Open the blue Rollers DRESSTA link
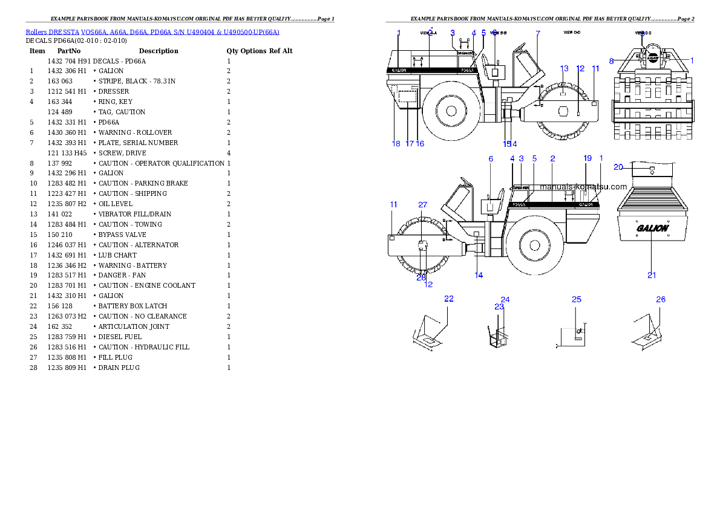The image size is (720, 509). [x=152, y=31]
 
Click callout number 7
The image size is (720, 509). [x=538, y=33]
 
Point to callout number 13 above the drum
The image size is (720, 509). [x=564, y=68]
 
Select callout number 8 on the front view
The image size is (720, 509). [x=612, y=60]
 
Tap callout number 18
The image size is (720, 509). [x=396, y=143]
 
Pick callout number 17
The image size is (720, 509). [x=410, y=143]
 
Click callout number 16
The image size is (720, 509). [x=420, y=143]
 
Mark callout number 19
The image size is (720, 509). [x=587, y=158]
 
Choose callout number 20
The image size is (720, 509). [x=618, y=167]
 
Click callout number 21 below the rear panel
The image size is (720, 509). [x=652, y=275]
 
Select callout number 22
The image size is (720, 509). [x=449, y=299]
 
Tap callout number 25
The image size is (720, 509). [x=577, y=299]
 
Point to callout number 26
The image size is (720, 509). [x=661, y=299]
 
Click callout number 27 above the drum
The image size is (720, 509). [x=422, y=205]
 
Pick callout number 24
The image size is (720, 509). [x=506, y=299]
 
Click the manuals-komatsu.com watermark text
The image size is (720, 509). [x=584, y=187]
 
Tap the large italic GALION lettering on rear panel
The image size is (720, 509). [x=652, y=229]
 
